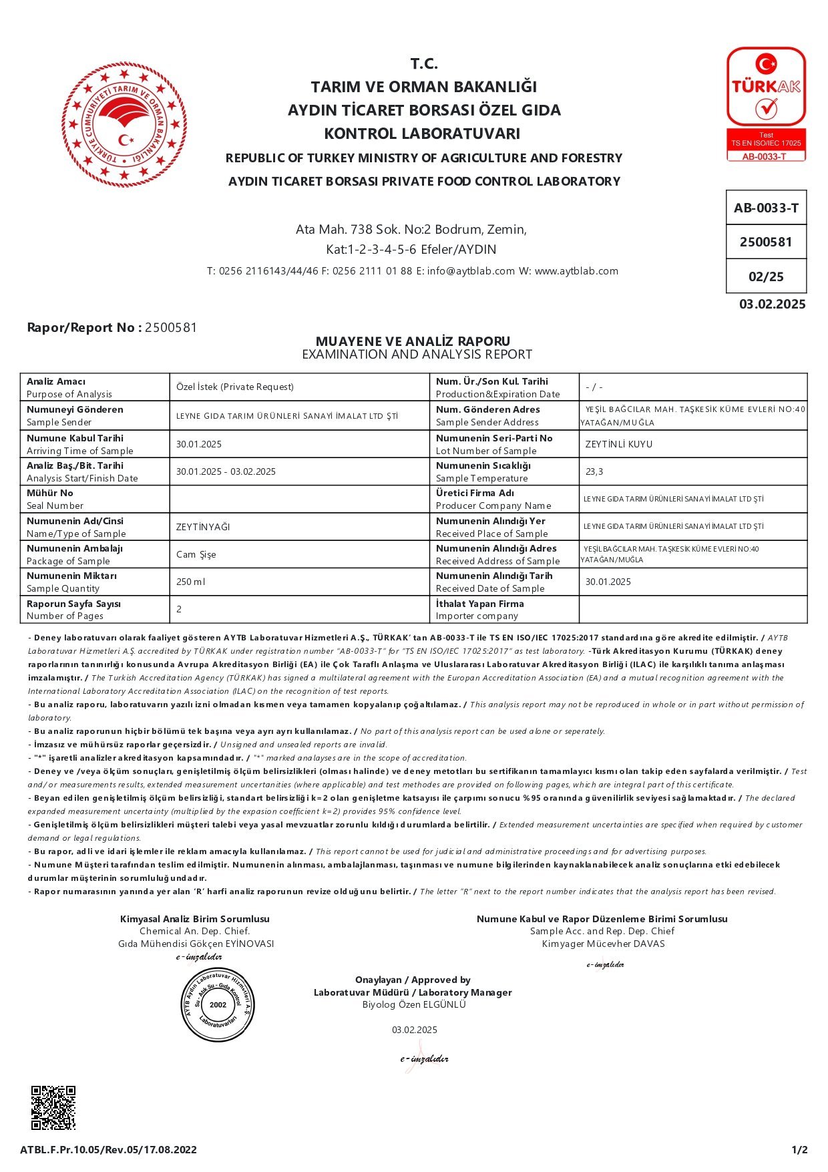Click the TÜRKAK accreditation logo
pos(766,104)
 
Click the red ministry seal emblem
pos(124,124)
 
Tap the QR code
pos(53,1108)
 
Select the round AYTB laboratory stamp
pos(218,1004)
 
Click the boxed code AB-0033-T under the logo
pos(766,208)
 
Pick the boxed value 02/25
pos(766,276)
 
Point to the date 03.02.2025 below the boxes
pos(772,305)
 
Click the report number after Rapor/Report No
pos(171,327)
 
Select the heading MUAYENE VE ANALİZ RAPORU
pos(413,341)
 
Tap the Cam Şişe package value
pos(196,554)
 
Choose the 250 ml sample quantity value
pos(191,582)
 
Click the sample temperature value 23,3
pos(594,471)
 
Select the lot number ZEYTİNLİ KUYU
pos(618,444)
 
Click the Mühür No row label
pos(50,493)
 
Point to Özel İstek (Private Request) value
pos(235,387)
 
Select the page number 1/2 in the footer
pos(799,1149)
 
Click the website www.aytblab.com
pos(576,271)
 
